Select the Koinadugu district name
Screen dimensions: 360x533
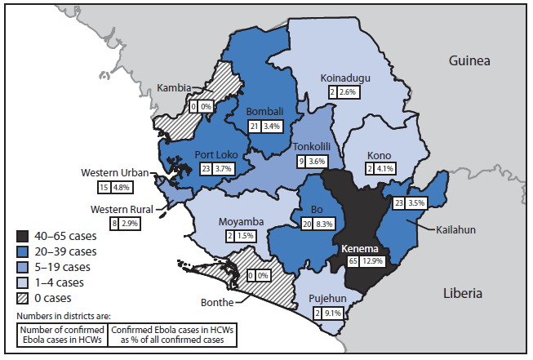(346, 80)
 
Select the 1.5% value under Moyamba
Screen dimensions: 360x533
(244, 235)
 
